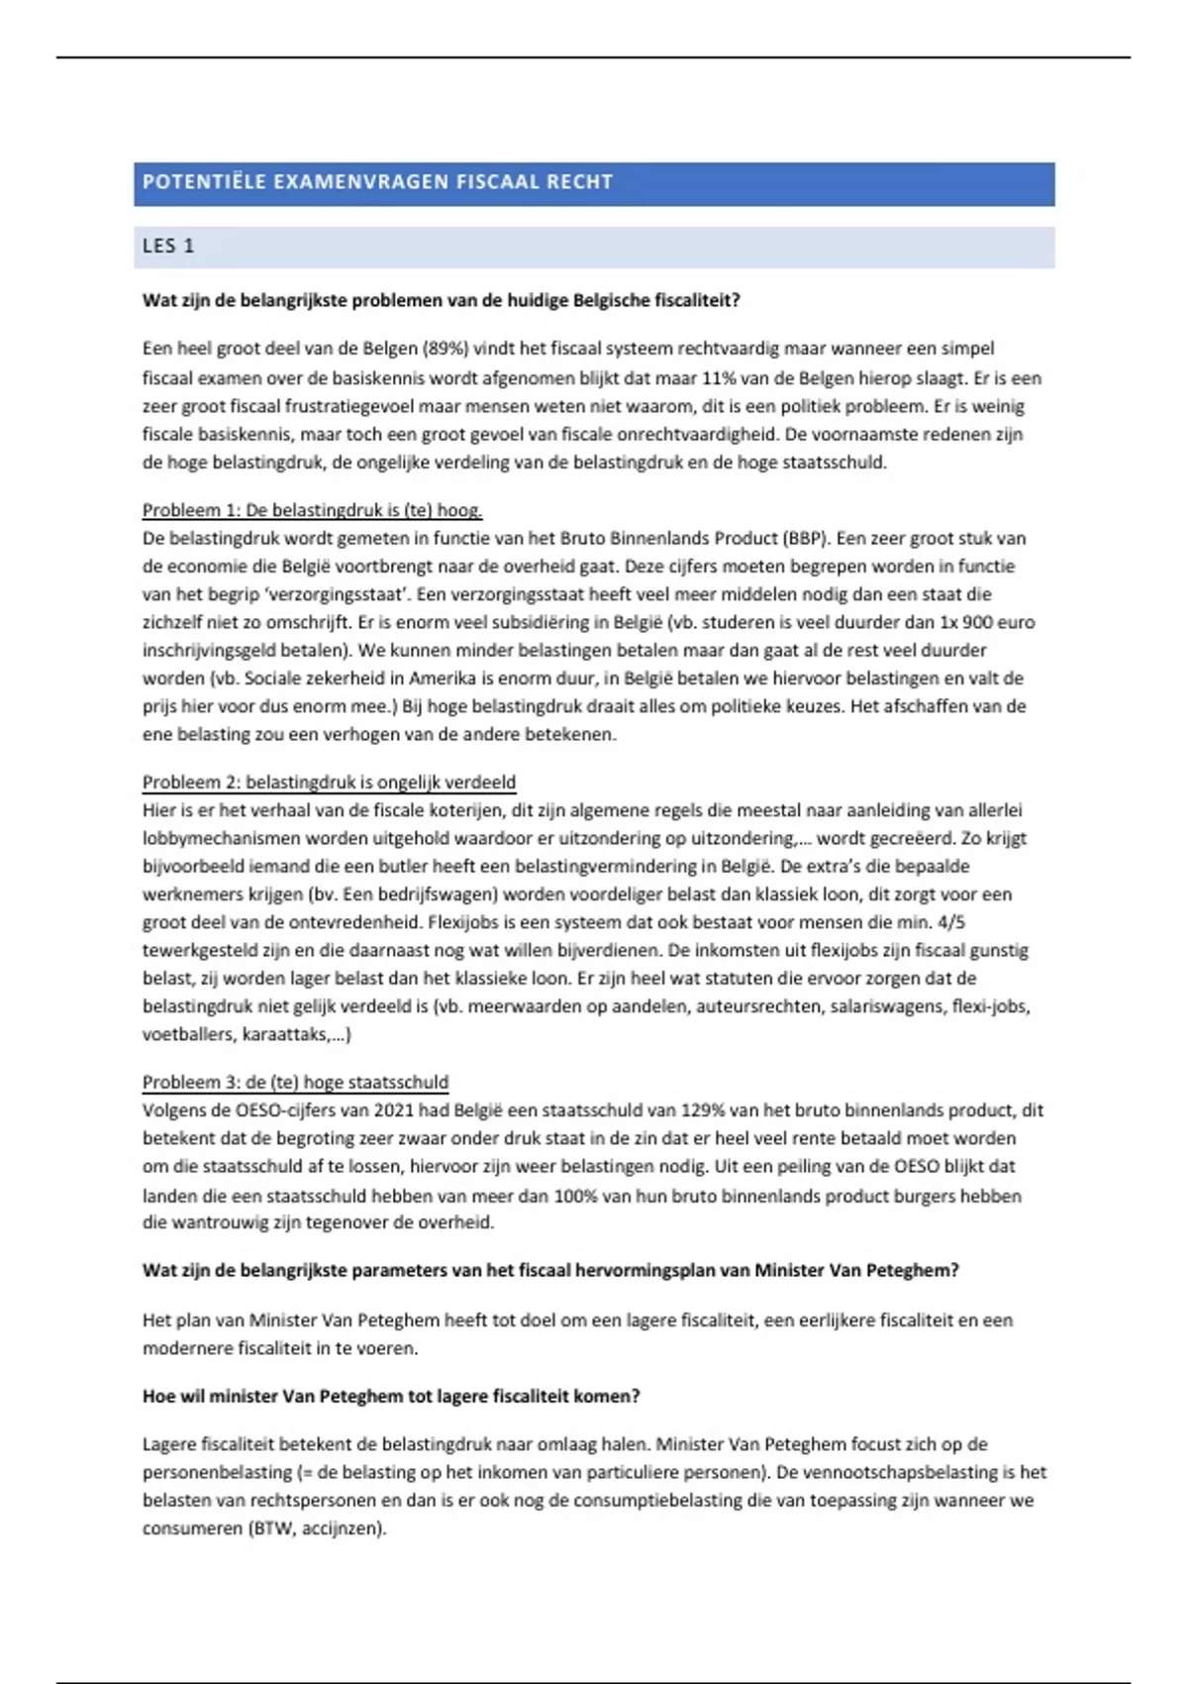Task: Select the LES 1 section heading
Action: pyautogui.click(x=168, y=247)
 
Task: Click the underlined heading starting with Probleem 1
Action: pyautogui.click(x=312, y=511)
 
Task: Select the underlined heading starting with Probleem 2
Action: pyautogui.click(x=329, y=783)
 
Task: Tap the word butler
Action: pyautogui.click(x=403, y=866)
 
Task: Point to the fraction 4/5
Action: pyautogui.click(x=950, y=922)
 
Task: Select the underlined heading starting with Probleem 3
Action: pyautogui.click(x=295, y=1083)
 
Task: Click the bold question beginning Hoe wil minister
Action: pyautogui.click(x=391, y=1397)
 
